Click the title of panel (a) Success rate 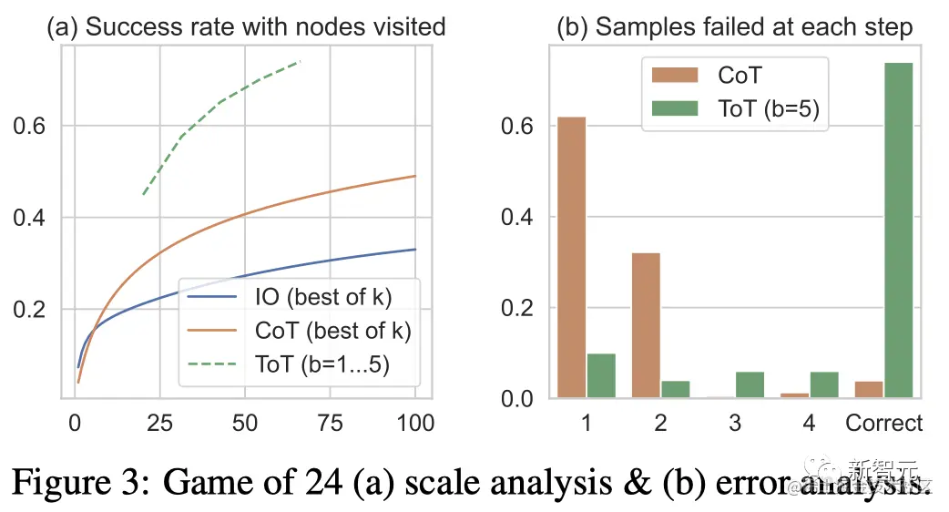[246, 26]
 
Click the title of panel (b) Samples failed [734, 26]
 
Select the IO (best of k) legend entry [298, 297]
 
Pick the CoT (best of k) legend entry [298, 331]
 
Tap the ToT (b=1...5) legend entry [298, 364]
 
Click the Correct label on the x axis [883, 423]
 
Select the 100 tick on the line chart [415, 423]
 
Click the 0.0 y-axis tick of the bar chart [519, 398]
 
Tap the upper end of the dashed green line [300, 62]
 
